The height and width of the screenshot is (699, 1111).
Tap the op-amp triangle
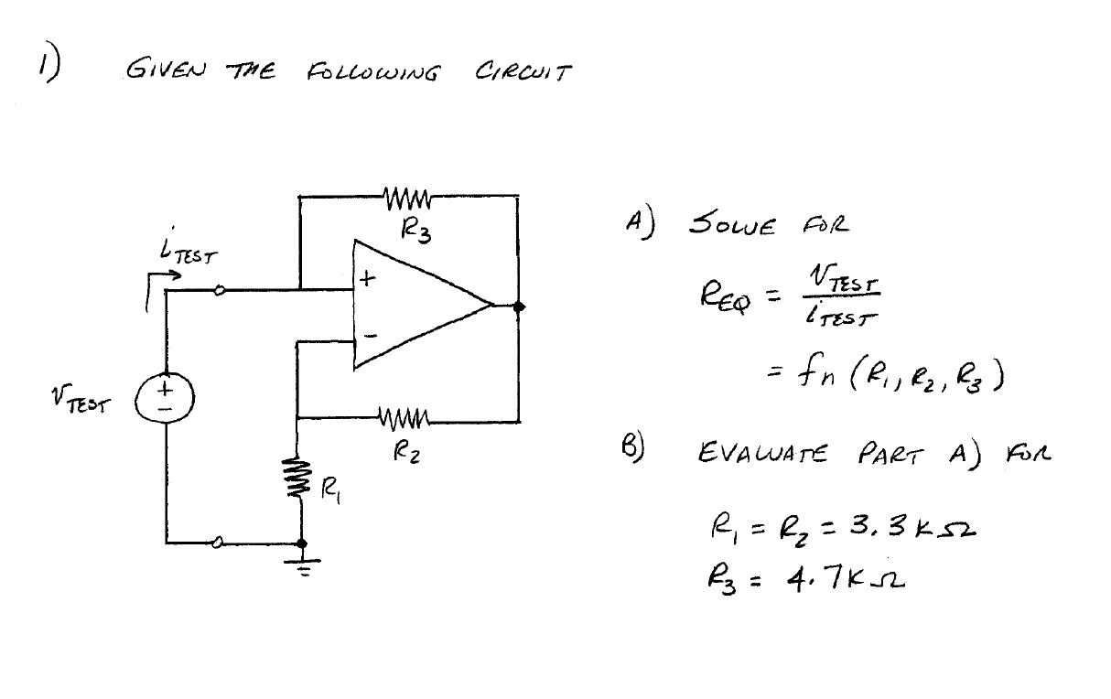416,306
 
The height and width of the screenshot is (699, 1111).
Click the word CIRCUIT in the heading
523,71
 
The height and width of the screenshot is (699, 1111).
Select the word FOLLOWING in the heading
369,71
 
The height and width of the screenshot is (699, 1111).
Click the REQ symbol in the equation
722,296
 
